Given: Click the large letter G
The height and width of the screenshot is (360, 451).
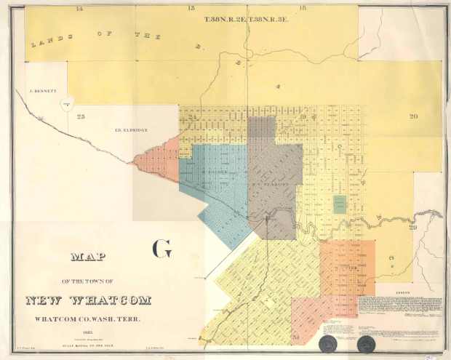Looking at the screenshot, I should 161,248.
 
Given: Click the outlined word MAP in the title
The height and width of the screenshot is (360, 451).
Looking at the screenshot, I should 88,256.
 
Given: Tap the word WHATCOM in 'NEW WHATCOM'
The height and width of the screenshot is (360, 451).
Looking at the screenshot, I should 107,300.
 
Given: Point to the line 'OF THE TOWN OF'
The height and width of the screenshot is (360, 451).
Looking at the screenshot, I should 88,280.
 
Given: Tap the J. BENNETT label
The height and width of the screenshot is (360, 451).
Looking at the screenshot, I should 43,92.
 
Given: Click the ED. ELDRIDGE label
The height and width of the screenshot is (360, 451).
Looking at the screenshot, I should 132,129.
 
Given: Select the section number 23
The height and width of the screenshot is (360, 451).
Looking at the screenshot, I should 81,116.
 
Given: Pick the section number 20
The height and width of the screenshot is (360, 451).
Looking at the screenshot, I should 413,116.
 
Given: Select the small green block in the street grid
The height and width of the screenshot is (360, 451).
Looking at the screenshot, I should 340,204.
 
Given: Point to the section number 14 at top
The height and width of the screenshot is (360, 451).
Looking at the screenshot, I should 79,7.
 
